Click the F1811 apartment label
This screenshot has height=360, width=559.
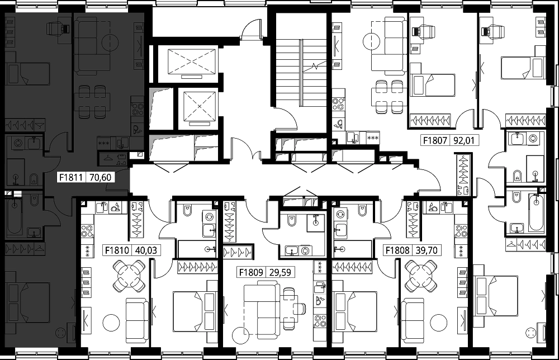(x=72, y=177)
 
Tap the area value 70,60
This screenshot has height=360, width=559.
(x=100, y=177)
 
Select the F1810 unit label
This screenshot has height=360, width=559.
(x=117, y=250)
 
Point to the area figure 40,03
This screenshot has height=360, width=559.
(x=146, y=250)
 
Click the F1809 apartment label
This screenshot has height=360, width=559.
(x=251, y=273)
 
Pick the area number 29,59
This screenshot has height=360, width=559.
(x=280, y=273)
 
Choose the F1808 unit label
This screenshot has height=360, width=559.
(x=397, y=250)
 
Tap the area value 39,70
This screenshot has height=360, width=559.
(x=427, y=250)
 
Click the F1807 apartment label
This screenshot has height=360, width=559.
(x=435, y=140)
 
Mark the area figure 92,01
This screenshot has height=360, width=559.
(x=464, y=140)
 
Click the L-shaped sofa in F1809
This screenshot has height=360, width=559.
(x=262, y=305)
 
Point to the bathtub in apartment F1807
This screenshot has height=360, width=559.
(x=537, y=213)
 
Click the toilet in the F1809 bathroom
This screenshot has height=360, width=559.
(x=292, y=221)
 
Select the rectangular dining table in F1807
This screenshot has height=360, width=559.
(x=387, y=97)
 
